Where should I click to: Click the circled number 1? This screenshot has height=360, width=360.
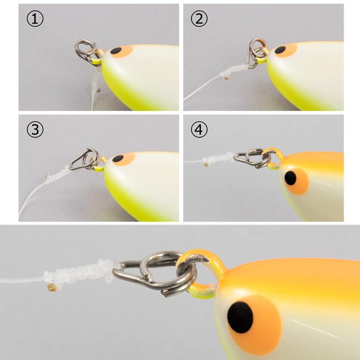pos(35,19)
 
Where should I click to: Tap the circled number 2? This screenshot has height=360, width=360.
pos(199,19)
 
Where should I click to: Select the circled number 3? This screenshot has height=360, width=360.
pos(35,129)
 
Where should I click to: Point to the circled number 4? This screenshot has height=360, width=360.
pos(199,129)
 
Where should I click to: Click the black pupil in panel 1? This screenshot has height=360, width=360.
pos(116,50)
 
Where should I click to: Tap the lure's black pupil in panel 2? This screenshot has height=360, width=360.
pos(280,49)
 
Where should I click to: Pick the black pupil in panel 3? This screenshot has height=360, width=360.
pos(118,158)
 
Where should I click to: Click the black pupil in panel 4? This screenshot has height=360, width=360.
pos(290,178)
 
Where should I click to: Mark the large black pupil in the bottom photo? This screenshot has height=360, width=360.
pos(240,318)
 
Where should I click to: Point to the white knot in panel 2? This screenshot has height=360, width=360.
pos(234,70)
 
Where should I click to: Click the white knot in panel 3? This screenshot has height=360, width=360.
pos(58,175)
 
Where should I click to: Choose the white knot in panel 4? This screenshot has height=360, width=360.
pos(218,158)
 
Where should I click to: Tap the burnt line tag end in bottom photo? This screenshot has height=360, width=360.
pos(52,288)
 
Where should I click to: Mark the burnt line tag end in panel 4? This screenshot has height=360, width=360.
pos(206,164)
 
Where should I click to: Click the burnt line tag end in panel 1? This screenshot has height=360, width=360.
pos(98,90)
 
